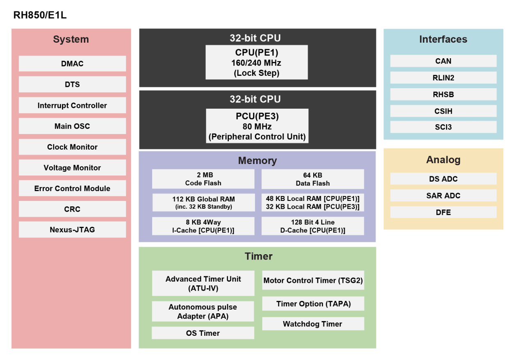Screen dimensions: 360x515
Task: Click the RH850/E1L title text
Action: click(40, 16)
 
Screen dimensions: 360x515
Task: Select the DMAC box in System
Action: click(72, 64)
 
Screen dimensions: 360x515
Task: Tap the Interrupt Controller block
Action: click(72, 105)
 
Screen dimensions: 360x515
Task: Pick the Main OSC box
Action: click(72, 126)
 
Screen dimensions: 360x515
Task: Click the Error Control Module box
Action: click(72, 189)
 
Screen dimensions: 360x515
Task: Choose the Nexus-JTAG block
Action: click(72, 230)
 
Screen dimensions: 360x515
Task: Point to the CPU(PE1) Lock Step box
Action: click(257, 63)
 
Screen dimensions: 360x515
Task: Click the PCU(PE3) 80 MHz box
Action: click(257, 126)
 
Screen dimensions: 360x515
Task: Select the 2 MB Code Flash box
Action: click(203, 179)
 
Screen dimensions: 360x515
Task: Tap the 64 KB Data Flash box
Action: click(312, 179)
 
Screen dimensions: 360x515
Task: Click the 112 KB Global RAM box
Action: click(203, 203)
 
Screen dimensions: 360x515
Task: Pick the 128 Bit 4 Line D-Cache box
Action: click(312, 226)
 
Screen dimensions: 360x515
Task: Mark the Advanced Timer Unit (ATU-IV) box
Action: click(203, 283)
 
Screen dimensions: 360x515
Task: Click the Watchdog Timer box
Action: click(312, 324)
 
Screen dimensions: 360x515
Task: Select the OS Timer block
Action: click(203, 333)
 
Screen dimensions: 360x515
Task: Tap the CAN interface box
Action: click(443, 61)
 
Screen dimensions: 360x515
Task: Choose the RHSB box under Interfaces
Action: click(443, 94)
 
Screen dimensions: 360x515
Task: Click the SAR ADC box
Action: click(443, 196)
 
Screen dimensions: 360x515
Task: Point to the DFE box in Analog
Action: click(443, 212)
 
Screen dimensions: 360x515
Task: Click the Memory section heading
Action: click(257, 161)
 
